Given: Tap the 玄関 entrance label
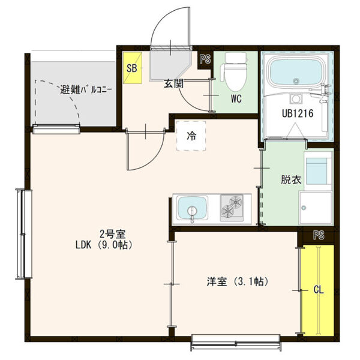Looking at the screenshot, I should (173, 84).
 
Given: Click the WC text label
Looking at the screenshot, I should (235, 99).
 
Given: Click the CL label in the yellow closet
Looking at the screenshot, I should (318, 290).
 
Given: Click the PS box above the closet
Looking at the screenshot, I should (318, 235).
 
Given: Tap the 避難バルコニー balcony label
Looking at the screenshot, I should (86, 91).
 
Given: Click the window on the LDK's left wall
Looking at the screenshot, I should (23, 233).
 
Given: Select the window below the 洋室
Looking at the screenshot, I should (236, 343).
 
